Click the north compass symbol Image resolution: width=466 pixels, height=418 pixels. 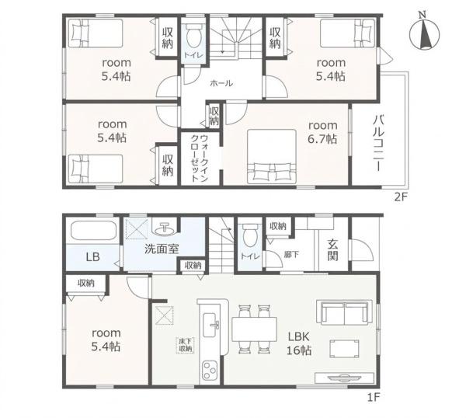pyautogui.click(x=424, y=33)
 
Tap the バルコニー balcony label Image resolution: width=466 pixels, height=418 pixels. pyautogui.click(x=377, y=145)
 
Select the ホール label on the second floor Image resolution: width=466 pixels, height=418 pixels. pyautogui.click(x=221, y=83)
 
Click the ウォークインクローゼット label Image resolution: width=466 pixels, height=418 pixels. pyautogui.click(x=200, y=158)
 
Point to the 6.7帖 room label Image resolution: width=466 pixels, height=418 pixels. pyautogui.click(x=323, y=132)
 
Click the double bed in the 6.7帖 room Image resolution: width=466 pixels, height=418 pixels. pyautogui.click(x=272, y=156)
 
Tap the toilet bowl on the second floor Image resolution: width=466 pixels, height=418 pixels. pyautogui.click(x=193, y=36)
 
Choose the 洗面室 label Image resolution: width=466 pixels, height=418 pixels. pyautogui.click(x=162, y=249)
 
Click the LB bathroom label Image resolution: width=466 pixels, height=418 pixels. pyautogui.click(x=92, y=257)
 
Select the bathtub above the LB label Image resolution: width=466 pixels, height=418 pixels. pyautogui.click(x=93, y=231)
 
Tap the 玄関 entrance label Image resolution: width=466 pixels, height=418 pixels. pyautogui.click(x=333, y=250)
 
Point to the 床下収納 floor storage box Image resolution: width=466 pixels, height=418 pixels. pyautogui.click(x=185, y=346)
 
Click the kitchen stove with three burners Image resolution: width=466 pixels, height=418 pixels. pyautogui.click(x=210, y=370)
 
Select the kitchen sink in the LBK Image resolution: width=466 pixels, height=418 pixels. pyautogui.click(x=210, y=325)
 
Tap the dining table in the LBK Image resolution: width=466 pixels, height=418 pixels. pyautogui.click(x=255, y=329)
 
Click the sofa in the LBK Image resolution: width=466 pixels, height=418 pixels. pyautogui.click(x=345, y=314)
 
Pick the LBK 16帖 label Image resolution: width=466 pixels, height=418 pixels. pyautogui.click(x=299, y=343)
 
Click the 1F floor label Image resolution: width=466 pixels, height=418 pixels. pyautogui.click(x=374, y=397)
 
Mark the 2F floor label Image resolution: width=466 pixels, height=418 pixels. pyautogui.click(x=400, y=197)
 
